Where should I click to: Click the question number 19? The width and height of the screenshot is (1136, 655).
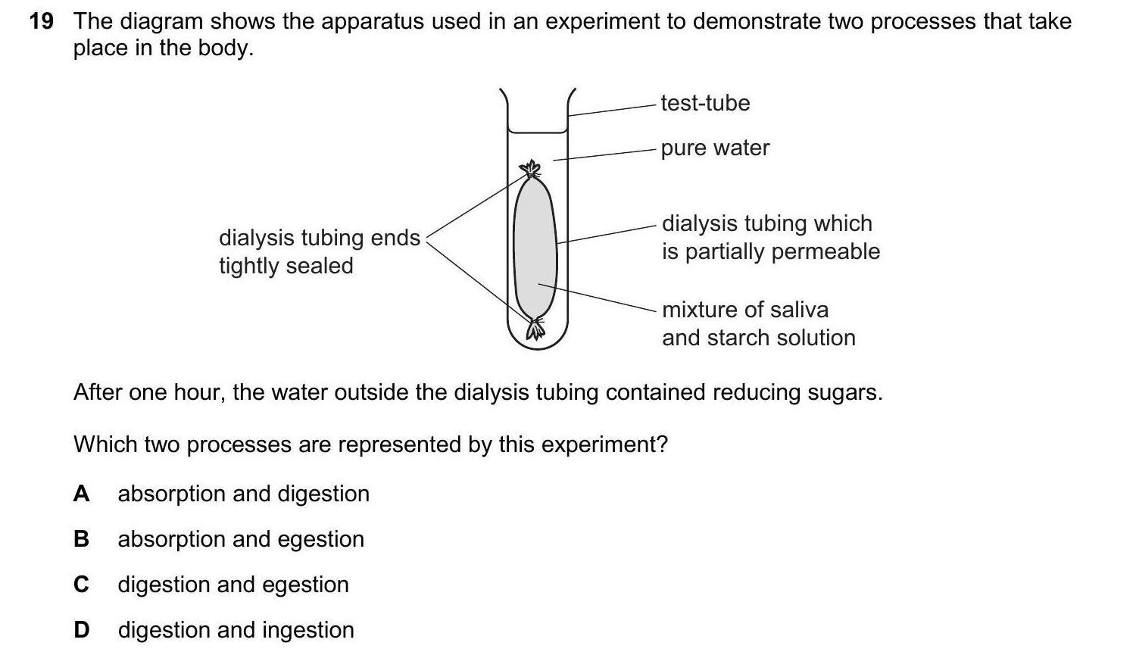(x=41, y=21)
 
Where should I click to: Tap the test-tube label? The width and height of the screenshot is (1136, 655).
(x=705, y=103)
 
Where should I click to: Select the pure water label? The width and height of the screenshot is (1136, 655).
(x=715, y=148)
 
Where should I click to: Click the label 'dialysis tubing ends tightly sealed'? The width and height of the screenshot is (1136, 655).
(x=319, y=251)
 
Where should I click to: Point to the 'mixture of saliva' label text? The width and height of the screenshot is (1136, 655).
(x=745, y=310)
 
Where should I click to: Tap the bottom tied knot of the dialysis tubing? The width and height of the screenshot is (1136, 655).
(x=536, y=329)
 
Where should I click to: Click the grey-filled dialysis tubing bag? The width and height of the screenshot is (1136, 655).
(x=535, y=242)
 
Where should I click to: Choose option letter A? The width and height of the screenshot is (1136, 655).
(x=81, y=494)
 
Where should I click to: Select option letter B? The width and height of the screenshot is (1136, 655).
(x=81, y=539)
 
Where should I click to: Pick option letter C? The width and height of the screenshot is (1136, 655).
(x=81, y=585)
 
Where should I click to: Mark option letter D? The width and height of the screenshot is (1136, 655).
(x=81, y=630)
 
